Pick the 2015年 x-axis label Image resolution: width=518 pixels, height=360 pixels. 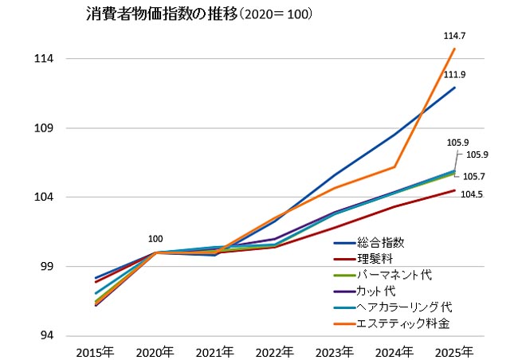[95, 351]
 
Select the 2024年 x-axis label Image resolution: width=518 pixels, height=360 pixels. [394, 351]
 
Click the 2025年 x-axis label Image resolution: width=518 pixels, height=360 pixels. [454, 351]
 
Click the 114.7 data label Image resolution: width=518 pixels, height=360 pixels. [454, 36]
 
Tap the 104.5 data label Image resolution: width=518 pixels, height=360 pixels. [472, 194]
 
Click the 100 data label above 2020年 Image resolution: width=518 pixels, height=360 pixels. [155, 239]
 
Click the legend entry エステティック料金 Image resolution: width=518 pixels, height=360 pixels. [409, 323]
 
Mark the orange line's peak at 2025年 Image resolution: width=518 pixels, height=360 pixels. [454, 49]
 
